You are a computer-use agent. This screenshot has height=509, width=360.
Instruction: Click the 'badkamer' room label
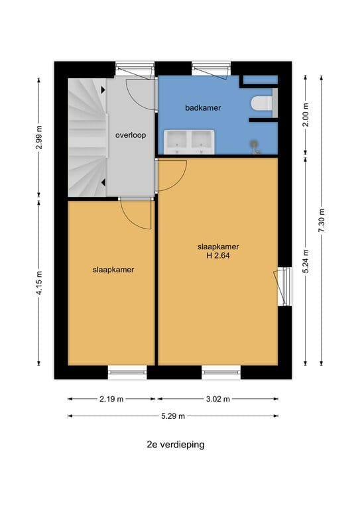(203, 108)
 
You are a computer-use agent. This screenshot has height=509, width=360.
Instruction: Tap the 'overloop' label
(131, 135)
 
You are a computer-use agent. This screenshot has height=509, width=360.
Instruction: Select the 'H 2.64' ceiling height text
(218, 255)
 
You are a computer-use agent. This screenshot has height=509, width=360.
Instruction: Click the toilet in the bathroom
(262, 103)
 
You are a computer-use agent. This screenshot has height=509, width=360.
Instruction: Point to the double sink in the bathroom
(189, 142)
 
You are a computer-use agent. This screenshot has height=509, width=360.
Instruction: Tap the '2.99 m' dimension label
(39, 137)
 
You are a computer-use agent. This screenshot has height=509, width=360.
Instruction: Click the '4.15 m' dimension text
(39, 283)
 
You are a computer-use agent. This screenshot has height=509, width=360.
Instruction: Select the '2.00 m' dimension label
(306, 115)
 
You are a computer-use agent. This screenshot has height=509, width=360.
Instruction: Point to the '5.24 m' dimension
(306, 261)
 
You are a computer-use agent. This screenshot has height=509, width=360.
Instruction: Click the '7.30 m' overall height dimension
(322, 221)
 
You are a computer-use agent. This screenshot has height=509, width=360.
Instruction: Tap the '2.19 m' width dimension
(111, 399)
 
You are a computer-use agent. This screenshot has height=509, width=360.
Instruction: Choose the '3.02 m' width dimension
(218, 399)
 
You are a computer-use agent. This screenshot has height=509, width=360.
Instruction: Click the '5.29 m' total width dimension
(173, 416)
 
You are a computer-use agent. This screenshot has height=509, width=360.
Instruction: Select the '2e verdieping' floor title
(176, 445)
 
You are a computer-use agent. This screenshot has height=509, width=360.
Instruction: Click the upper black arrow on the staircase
(103, 89)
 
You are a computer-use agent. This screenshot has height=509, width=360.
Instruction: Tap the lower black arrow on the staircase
(103, 183)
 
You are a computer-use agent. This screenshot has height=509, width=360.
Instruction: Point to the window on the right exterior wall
(284, 286)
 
